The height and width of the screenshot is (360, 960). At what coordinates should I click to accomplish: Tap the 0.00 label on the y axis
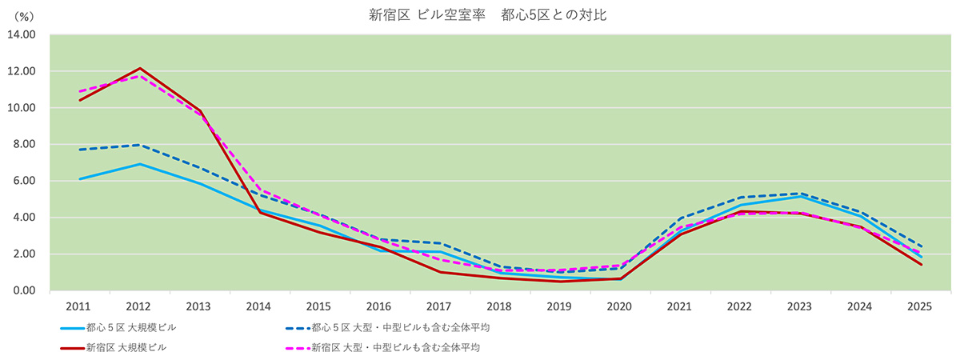(x=24, y=290)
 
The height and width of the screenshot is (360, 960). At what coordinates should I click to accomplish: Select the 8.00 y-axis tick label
(x=24, y=144)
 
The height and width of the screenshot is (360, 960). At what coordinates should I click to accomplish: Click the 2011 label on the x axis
(x=79, y=307)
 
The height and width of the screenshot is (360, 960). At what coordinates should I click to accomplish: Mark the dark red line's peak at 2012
(x=140, y=68)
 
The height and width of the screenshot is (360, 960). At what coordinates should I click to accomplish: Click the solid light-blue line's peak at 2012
(x=140, y=164)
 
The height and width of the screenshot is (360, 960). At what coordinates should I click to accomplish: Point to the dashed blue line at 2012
(x=140, y=145)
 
